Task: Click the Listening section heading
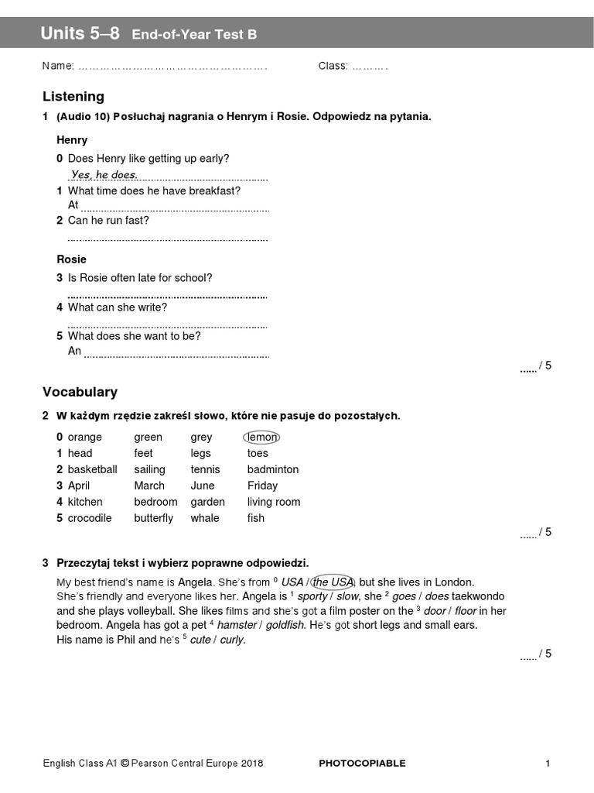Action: [x=73, y=97]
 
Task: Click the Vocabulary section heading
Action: [x=80, y=393]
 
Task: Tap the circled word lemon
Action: [x=261, y=437]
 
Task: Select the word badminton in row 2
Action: [x=272, y=469]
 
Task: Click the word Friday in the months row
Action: [x=262, y=486]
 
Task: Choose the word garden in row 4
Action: [x=207, y=502]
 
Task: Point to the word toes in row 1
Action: [x=258, y=453]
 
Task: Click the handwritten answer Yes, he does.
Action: [x=104, y=175]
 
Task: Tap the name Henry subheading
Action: [x=72, y=140]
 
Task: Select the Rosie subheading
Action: [x=71, y=259]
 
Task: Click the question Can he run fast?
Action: [x=108, y=221]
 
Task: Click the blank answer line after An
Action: [x=176, y=355]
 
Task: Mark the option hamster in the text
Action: [x=237, y=625]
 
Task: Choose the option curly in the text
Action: [x=232, y=640]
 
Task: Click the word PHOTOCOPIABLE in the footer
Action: [x=362, y=764]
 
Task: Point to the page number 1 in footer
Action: [x=548, y=764]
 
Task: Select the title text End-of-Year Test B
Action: [x=194, y=34]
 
